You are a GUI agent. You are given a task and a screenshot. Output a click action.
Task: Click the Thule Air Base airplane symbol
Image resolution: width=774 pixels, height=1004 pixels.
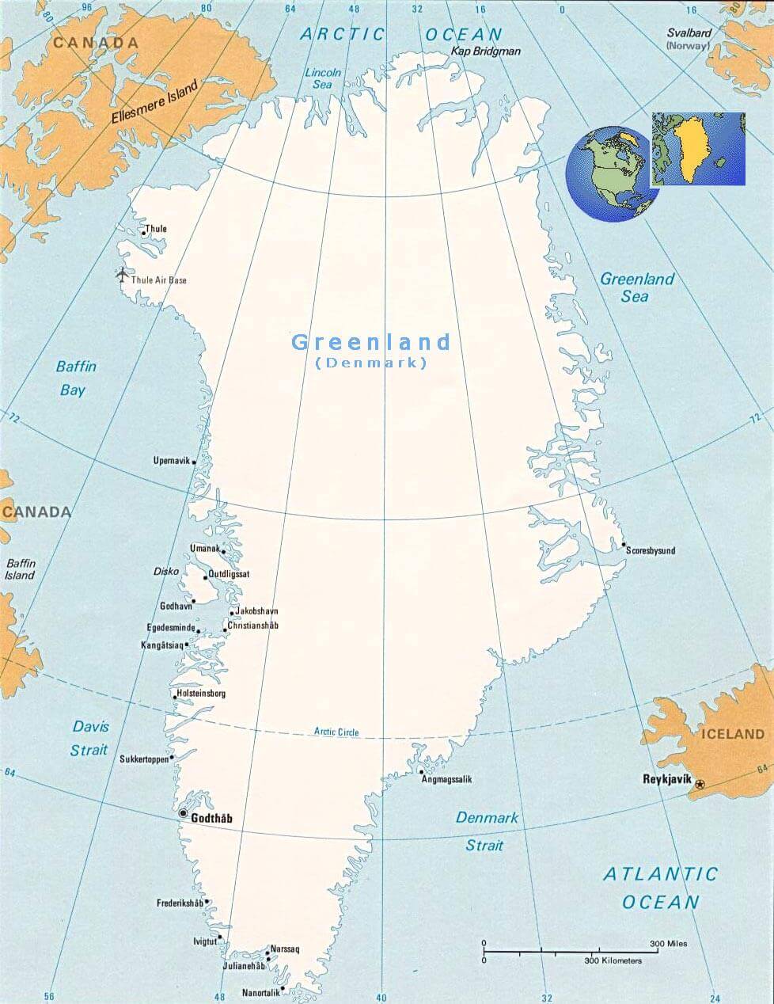point(122,275)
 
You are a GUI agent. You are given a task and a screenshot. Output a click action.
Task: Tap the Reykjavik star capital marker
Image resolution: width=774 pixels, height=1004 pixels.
point(700,784)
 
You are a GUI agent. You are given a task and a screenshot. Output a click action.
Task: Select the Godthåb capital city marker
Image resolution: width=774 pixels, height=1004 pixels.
point(184,813)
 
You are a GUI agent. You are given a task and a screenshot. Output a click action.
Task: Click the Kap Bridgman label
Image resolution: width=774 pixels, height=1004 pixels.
point(486,51)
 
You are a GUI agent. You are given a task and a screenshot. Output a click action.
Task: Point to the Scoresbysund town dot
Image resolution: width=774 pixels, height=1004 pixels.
point(624,546)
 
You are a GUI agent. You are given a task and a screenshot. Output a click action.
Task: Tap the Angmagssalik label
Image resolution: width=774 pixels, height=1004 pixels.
point(446,780)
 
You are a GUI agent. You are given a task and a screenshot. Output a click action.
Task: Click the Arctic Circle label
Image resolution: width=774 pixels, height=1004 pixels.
point(336,732)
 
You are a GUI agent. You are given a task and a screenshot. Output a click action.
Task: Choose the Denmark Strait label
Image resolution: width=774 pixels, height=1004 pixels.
point(487,831)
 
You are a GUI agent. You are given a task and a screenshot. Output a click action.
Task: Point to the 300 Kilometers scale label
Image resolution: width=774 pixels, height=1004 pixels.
point(613,961)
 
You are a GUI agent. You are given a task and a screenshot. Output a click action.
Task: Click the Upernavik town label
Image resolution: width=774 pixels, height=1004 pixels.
point(172,461)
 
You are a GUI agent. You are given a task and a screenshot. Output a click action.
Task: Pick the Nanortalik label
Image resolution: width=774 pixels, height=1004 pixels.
point(260,993)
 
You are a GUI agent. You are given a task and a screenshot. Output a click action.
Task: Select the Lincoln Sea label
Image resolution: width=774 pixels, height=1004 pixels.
point(323,78)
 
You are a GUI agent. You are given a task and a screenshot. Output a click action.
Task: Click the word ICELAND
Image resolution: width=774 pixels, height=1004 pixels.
point(733,734)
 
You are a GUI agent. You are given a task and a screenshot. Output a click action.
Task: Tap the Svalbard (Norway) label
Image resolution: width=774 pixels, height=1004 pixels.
point(689,40)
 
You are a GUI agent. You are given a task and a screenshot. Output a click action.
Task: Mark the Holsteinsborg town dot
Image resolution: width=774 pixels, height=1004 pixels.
point(175,696)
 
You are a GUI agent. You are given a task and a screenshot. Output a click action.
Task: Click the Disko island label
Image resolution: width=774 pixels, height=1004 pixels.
point(166,572)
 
